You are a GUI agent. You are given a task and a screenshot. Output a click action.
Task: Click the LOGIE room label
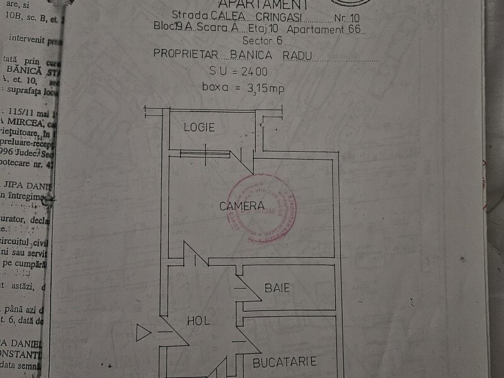pyautogui.click(x=200, y=127)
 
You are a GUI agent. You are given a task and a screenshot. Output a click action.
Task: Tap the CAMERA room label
pyautogui.click(x=242, y=205)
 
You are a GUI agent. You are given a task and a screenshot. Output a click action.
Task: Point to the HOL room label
pyautogui.click(x=198, y=321)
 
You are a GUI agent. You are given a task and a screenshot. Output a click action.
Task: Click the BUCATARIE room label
pyautogui.click(x=284, y=362)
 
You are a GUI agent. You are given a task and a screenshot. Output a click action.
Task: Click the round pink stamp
pyautogui.click(x=263, y=209)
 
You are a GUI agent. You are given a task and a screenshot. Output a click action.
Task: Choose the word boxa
pyautogui.click(x=215, y=87)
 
